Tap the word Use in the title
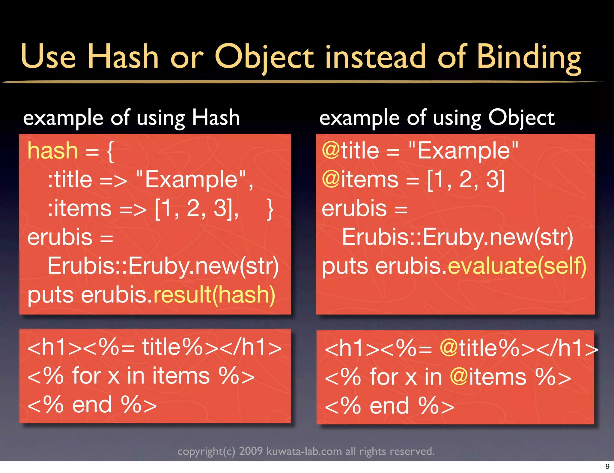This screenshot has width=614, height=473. point(48,57)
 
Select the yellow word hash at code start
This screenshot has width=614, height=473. point(52,151)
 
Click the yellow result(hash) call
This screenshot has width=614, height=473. point(214,295)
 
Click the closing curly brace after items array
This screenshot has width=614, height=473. point(270,209)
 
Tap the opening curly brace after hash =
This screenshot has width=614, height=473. point(110,151)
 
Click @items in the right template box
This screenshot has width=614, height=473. point(488,377)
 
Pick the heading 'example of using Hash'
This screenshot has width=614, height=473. point(131,118)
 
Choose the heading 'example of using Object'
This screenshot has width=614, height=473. point(437,118)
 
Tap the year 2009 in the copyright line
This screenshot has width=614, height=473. point(251,451)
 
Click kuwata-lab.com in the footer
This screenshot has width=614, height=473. point(304,451)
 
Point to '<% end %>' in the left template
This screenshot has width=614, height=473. point(92,405)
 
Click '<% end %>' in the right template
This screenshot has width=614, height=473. point(389,406)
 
